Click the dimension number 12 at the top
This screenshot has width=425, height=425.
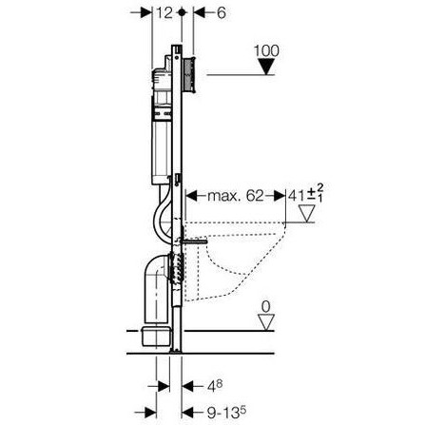164,12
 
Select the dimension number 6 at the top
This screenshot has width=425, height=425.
221,13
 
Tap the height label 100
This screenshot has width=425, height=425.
266,50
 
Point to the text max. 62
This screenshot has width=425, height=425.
235,196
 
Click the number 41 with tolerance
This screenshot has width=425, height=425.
306,195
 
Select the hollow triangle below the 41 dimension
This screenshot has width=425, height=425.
306,214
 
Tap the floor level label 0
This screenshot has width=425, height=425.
266,307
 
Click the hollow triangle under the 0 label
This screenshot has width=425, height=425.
266,322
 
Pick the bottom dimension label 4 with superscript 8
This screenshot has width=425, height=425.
215,386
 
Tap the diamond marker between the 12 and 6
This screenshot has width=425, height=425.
182,12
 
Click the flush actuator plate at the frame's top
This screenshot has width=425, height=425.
189,75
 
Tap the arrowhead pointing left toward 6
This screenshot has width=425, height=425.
200,13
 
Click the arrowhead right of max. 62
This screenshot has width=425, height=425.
280,196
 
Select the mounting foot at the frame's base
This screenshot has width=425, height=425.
176,351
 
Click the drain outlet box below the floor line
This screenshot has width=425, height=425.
155,337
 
